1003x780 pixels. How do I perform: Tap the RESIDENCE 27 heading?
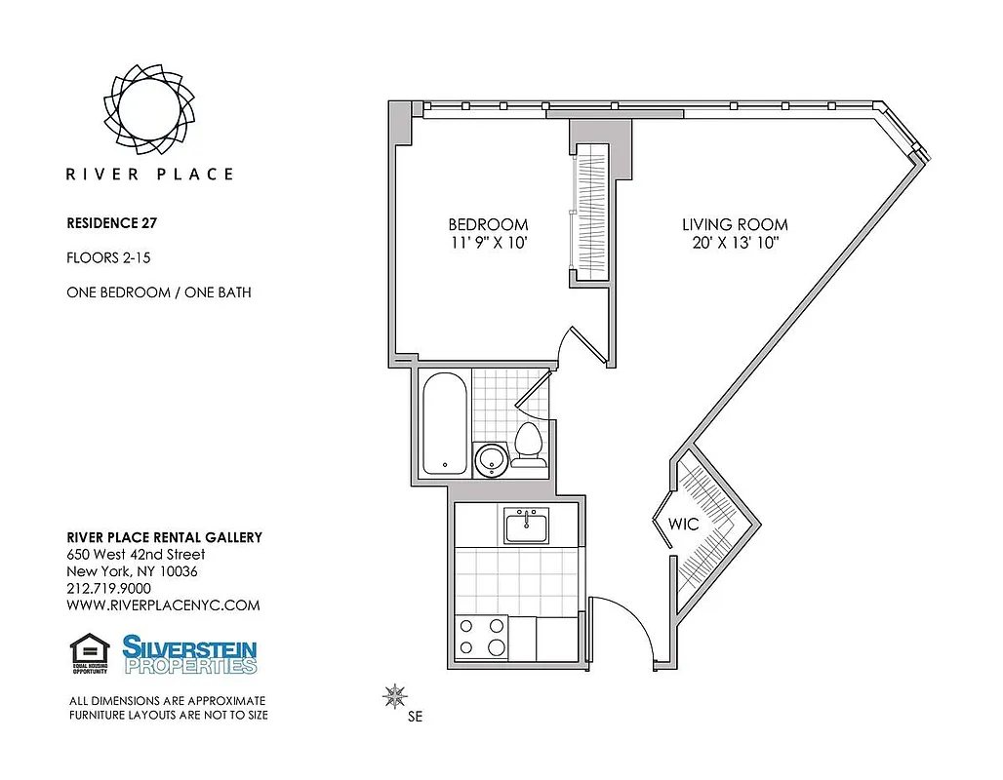pyautogui.click(x=111, y=222)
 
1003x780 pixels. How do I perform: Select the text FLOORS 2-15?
pyautogui.click(x=109, y=257)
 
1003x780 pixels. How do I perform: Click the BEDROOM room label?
pyautogui.click(x=488, y=224)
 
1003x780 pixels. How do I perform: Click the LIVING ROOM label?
pyautogui.click(x=735, y=224)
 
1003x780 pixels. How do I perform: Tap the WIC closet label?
pyautogui.click(x=683, y=524)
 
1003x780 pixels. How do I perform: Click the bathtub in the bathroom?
pyautogui.click(x=445, y=423)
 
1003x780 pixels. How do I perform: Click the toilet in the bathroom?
pyautogui.click(x=529, y=444)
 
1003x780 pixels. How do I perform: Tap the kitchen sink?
pyautogui.click(x=526, y=526)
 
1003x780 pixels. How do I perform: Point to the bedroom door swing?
pyautogui.click(x=571, y=346)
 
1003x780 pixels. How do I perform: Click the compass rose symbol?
pyautogui.click(x=395, y=696)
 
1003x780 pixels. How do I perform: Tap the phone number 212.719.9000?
pyautogui.click(x=108, y=589)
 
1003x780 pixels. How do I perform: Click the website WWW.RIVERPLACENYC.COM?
pyautogui.click(x=163, y=605)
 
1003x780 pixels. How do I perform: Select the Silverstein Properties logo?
pyautogui.click(x=189, y=653)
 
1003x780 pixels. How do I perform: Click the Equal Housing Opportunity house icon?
pyautogui.click(x=90, y=652)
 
